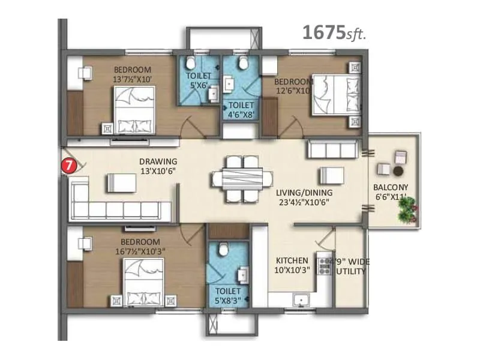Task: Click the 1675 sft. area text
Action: click(334, 32)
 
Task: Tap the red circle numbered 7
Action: click(71, 164)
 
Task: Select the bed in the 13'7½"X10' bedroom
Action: click(134, 110)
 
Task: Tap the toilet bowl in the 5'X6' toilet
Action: click(190, 62)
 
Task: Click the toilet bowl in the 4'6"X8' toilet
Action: click(242, 64)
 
